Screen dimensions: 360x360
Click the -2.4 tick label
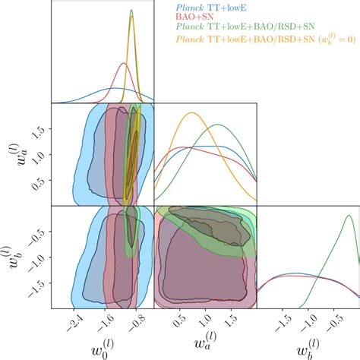click(74, 319)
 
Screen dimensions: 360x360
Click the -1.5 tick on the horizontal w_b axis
click(282, 319)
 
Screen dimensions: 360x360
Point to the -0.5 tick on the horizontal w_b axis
click(333, 319)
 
